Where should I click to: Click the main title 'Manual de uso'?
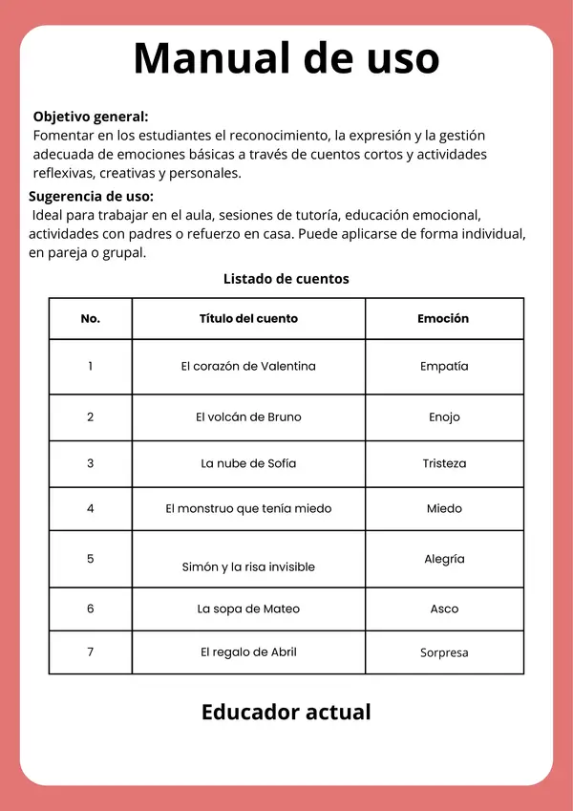286,59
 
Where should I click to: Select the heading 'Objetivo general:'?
91,117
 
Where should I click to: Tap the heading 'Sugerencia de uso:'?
91,196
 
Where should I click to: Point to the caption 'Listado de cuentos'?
286,279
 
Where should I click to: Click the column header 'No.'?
91,319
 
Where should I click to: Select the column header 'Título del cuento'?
248,319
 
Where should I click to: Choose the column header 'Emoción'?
444,319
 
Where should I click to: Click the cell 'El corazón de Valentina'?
248,367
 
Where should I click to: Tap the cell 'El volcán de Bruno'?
248,417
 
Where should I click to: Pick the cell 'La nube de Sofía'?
248,463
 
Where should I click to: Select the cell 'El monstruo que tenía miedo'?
248,509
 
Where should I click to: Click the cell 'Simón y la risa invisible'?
248,567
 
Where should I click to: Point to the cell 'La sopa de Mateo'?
248,608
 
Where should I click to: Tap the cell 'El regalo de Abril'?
248,652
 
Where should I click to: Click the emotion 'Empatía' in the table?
444,367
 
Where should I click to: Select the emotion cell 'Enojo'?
444,417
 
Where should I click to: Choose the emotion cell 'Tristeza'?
444,463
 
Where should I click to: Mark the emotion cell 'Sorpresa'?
444,653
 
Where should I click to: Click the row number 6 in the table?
91,608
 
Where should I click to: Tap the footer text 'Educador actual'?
286,713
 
